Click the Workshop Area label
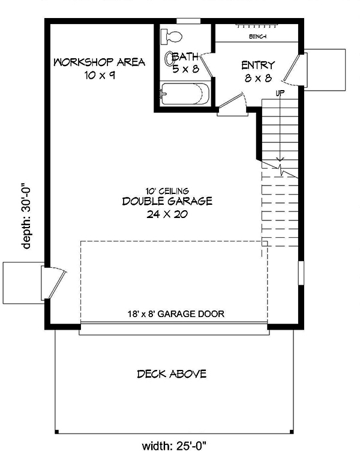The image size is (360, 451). (99, 62)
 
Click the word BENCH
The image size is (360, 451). (257, 37)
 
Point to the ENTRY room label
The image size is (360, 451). (258, 65)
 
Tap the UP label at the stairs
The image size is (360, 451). (280, 93)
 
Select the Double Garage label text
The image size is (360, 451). (167, 201)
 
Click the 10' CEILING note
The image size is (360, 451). (167, 190)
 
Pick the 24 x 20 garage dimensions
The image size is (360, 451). (167, 214)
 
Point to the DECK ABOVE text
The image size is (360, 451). (172, 374)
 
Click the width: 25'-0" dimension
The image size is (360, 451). (174, 445)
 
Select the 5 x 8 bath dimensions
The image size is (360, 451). (185, 68)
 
